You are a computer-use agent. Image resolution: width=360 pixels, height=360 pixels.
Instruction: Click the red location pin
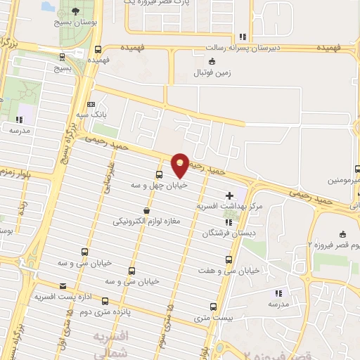(181, 164)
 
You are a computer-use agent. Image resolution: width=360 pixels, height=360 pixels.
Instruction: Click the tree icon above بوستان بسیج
(77, 11)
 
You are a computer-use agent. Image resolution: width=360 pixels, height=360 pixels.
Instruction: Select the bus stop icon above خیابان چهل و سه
(159, 174)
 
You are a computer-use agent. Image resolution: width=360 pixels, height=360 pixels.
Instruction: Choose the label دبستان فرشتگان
(230, 233)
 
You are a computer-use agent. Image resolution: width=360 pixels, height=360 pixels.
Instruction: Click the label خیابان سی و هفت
(235, 269)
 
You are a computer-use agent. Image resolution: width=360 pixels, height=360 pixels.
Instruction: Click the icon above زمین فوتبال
(213, 61)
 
